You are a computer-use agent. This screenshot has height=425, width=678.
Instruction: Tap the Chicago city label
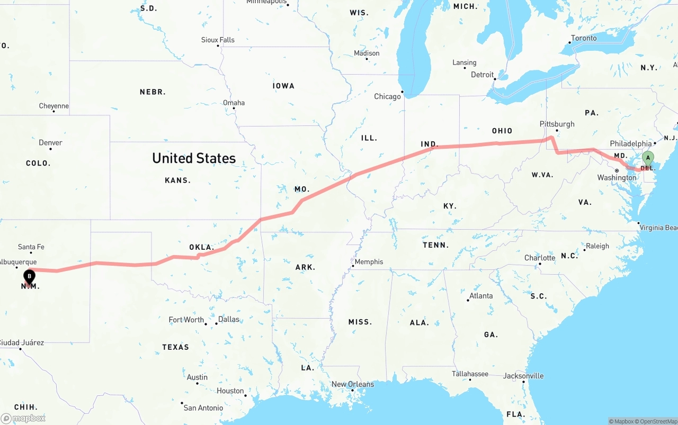[388, 96]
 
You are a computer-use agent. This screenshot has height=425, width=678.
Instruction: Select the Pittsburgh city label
[557, 124]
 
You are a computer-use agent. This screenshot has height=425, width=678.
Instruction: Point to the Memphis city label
[369, 261]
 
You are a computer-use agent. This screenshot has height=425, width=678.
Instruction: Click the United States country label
[194, 158]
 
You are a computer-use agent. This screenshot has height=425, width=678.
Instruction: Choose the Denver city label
[50, 142]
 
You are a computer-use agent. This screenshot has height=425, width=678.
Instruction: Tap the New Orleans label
[353, 384]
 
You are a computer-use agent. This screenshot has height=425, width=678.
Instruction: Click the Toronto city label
[584, 38]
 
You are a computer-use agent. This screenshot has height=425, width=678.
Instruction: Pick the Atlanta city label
[481, 296]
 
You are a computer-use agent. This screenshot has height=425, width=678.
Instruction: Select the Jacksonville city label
[524, 376]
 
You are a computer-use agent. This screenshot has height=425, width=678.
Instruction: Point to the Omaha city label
[234, 103]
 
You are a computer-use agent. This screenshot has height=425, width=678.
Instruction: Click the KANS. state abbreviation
[177, 180]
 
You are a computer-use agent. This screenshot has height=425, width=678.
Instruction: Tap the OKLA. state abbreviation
[202, 247]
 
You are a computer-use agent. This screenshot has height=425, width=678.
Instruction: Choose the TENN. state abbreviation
[436, 245]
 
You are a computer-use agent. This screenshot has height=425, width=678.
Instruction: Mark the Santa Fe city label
[31, 247]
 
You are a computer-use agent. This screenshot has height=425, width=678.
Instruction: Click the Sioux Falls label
[218, 40]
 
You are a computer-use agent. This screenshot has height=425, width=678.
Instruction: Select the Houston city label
[230, 391]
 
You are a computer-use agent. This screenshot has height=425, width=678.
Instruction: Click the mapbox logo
[23, 418]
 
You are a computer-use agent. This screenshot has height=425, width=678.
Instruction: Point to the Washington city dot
[617, 170]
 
